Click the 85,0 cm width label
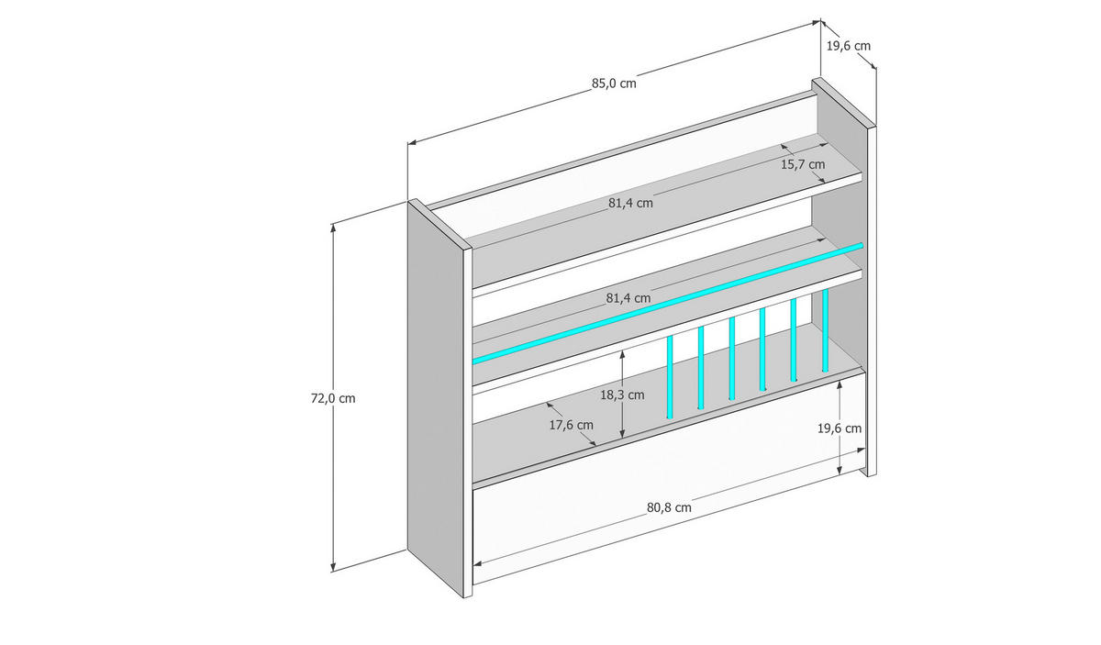pos(614,83)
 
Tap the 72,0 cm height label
pos(333,398)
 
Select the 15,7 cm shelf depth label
pos(803,165)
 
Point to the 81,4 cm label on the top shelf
pos(630,203)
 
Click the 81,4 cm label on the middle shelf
pos(628,298)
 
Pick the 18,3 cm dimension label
pos(622,395)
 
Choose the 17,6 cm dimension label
pos(571,425)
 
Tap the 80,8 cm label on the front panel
pos(669,506)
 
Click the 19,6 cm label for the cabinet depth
pos(849,45)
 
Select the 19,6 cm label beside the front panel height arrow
pos(840,428)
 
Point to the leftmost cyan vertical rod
pos(670,377)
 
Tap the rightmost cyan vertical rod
pos(825,330)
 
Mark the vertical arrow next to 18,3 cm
pos(623,367)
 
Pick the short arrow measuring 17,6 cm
pos(573,425)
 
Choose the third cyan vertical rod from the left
pos(731,359)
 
